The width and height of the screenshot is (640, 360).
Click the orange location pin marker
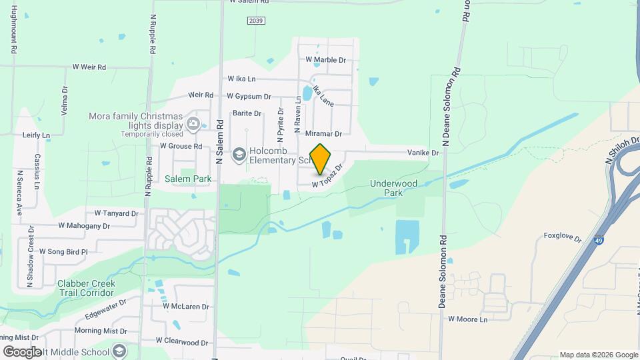(x=321, y=159)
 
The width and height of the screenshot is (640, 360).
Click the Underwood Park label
(x=393, y=188)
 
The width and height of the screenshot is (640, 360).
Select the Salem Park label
(x=188, y=179)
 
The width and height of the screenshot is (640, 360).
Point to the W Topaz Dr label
(x=327, y=176)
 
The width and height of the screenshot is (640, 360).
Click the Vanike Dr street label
(x=423, y=153)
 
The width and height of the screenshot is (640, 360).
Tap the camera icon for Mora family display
(x=193, y=122)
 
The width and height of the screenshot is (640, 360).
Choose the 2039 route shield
(x=256, y=21)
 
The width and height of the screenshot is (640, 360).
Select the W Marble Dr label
(x=326, y=59)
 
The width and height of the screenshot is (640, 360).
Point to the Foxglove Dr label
(x=563, y=236)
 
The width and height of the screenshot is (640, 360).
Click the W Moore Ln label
(x=468, y=319)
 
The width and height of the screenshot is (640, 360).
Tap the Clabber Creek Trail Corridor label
(x=86, y=288)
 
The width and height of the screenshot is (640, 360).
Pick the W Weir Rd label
(x=89, y=67)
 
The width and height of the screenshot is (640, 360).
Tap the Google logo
(x=22, y=351)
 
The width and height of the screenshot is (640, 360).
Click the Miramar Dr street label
(x=323, y=134)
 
